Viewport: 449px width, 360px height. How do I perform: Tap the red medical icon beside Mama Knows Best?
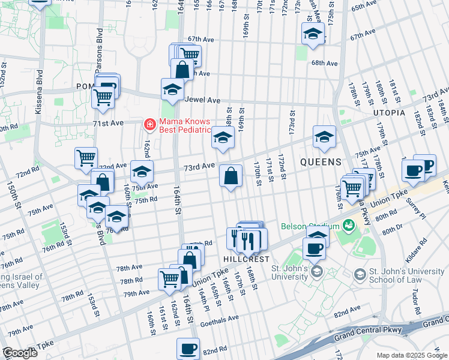[x=148, y=125]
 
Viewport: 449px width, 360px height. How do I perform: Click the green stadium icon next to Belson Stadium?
[x=347, y=226]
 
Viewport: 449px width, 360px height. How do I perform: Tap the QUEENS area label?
[x=321, y=162]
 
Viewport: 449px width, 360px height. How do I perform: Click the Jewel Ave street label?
[x=203, y=100]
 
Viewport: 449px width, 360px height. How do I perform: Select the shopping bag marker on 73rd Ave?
[x=231, y=176]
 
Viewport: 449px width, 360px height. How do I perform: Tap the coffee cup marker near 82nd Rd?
[x=188, y=349]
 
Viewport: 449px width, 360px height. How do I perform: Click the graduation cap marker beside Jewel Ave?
[x=172, y=90]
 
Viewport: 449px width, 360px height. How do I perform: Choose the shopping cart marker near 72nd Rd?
[x=86, y=158]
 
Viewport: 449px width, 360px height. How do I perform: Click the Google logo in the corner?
[x=20, y=353]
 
